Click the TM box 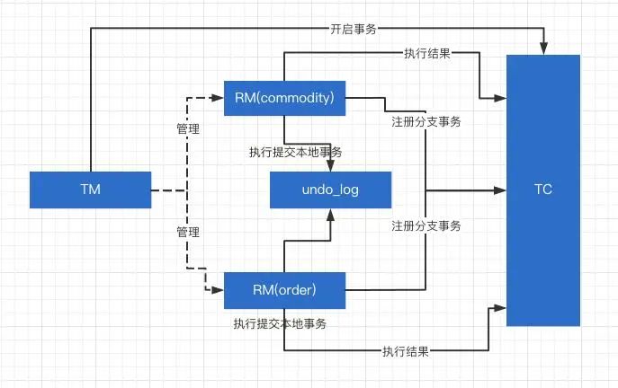point(90,190)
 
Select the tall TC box point(543,190)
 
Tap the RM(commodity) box point(284,98)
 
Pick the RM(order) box point(284,290)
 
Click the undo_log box point(331,190)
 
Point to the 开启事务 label point(354,29)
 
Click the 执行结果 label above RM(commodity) point(427,53)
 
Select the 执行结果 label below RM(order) point(406,351)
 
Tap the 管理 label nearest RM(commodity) point(188,128)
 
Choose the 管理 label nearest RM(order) point(188,232)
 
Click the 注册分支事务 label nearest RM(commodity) point(426,121)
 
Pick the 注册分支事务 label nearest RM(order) point(426,225)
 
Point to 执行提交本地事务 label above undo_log point(296,152)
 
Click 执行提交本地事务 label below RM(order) point(280,323)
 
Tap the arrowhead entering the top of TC point(543,48)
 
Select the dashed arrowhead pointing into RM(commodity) point(218,98)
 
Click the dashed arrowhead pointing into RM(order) point(218,290)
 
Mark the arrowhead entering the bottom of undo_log point(330,216)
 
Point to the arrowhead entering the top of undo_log point(330,165)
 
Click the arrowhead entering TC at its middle point(500,190)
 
